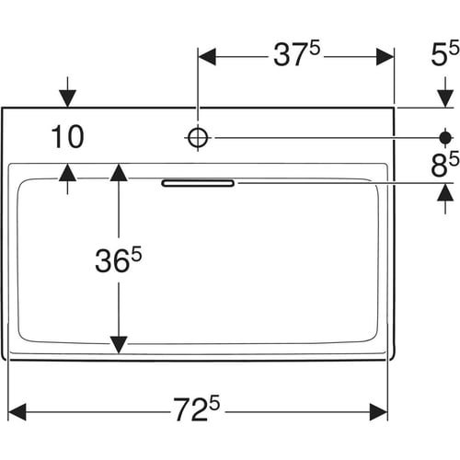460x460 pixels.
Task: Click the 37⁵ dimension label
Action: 296,54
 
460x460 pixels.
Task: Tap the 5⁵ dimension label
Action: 445,54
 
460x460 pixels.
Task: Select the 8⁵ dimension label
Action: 445,165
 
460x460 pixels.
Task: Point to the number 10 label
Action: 67,136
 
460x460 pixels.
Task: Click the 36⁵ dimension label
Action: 119,260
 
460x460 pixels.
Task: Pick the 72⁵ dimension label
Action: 197,408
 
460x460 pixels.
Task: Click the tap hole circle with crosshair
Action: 198,138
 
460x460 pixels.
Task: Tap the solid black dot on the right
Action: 445,138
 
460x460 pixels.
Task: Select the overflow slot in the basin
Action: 198,183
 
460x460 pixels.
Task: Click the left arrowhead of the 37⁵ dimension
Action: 207,57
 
